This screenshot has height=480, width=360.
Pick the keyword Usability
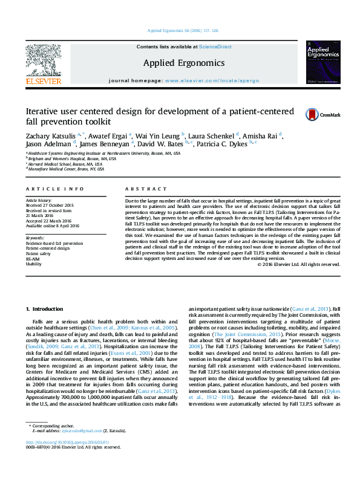pyautogui.click(x=34, y=264)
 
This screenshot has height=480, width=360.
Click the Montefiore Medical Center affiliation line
pyautogui.click(x=66, y=169)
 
